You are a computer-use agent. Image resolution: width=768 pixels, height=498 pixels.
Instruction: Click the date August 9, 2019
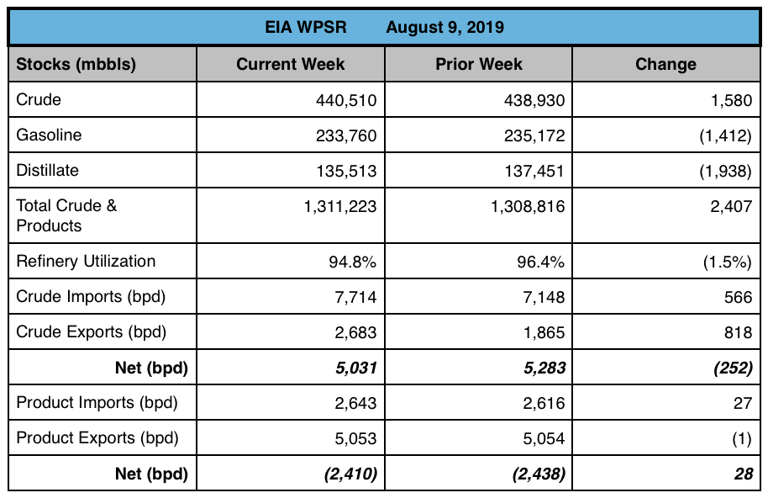pos(444,27)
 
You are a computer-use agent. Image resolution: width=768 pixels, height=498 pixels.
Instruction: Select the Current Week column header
pos(291,64)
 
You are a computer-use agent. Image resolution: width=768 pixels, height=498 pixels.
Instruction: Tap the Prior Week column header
pos(479,64)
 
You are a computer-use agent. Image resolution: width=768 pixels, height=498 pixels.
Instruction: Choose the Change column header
pos(665,64)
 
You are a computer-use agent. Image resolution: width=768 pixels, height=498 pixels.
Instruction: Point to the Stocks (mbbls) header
pos(76,64)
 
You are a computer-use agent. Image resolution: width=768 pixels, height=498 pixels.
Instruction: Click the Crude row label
pos(39,99)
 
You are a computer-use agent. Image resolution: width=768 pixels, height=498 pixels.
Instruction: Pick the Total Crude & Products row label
pos(67,215)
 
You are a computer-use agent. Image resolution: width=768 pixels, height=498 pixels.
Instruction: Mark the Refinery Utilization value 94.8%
pos(352,262)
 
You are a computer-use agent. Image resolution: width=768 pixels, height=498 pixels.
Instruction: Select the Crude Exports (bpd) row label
pos(92,332)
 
